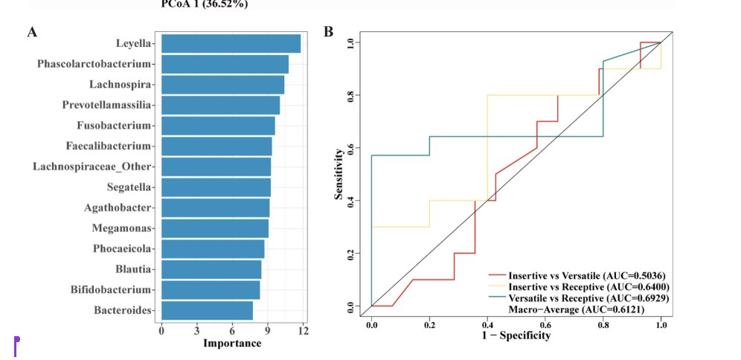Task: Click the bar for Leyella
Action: (231, 44)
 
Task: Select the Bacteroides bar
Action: (207, 310)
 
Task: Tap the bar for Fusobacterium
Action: (218, 126)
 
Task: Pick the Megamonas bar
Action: (214, 228)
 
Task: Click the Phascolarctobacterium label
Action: (94, 64)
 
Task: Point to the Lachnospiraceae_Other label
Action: (92, 166)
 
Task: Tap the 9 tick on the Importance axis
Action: (267, 330)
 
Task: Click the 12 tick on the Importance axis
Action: (302, 330)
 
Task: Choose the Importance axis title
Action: (232, 343)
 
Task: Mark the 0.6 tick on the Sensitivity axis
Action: (350, 148)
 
